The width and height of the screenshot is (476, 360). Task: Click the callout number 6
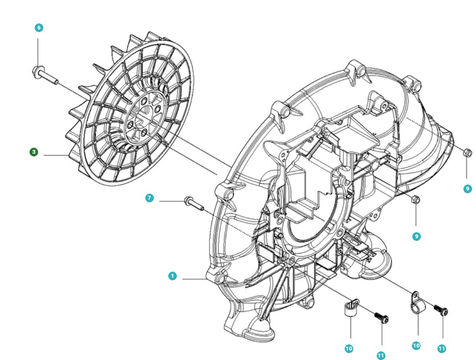tap(39, 28)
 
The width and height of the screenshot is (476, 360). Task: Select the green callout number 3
tap(34, 152)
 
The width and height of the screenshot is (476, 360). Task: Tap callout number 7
tap(149, 198)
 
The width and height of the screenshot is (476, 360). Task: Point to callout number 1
tap(173, 276)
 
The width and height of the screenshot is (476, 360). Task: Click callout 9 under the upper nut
tap(467, 189)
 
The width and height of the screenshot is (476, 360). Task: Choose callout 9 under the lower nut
tap(416, 237)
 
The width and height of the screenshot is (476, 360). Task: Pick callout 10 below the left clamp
tap(349, 348)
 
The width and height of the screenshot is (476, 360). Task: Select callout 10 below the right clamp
tap(416, 345)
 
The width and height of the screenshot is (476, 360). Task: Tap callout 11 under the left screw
tap(381, 355)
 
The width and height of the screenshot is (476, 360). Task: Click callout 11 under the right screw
tap(442, 348)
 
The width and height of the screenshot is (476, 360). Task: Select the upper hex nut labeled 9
tap(467, 152)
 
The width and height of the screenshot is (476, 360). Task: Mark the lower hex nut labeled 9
tap(414, 200)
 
